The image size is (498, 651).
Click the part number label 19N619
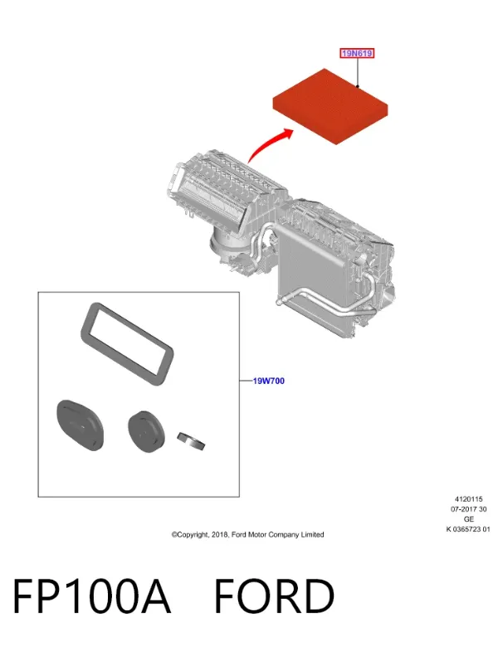tap(357, 53)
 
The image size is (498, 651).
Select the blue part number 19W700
tap(269, 381)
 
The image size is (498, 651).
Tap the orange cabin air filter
tap(330, 106)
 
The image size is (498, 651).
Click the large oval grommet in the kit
tap(80, 425)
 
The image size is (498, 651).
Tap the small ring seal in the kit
tap(191, 440)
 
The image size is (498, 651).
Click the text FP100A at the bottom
tap(91, 595)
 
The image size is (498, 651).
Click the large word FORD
tap(275, 595)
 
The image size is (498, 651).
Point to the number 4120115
tap(468, 499)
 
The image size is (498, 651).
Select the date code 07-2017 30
tap(468, 509)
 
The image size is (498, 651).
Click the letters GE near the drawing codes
tap(468, 519)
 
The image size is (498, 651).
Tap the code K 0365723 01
tap(468, 529)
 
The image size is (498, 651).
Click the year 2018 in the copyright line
tap(220, 535)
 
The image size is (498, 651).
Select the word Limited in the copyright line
tap(313, 535)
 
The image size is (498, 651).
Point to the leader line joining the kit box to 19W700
tap(246, 381)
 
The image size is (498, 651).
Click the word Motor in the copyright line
tap(257, 535)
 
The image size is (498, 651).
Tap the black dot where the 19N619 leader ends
tap(358, 86)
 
